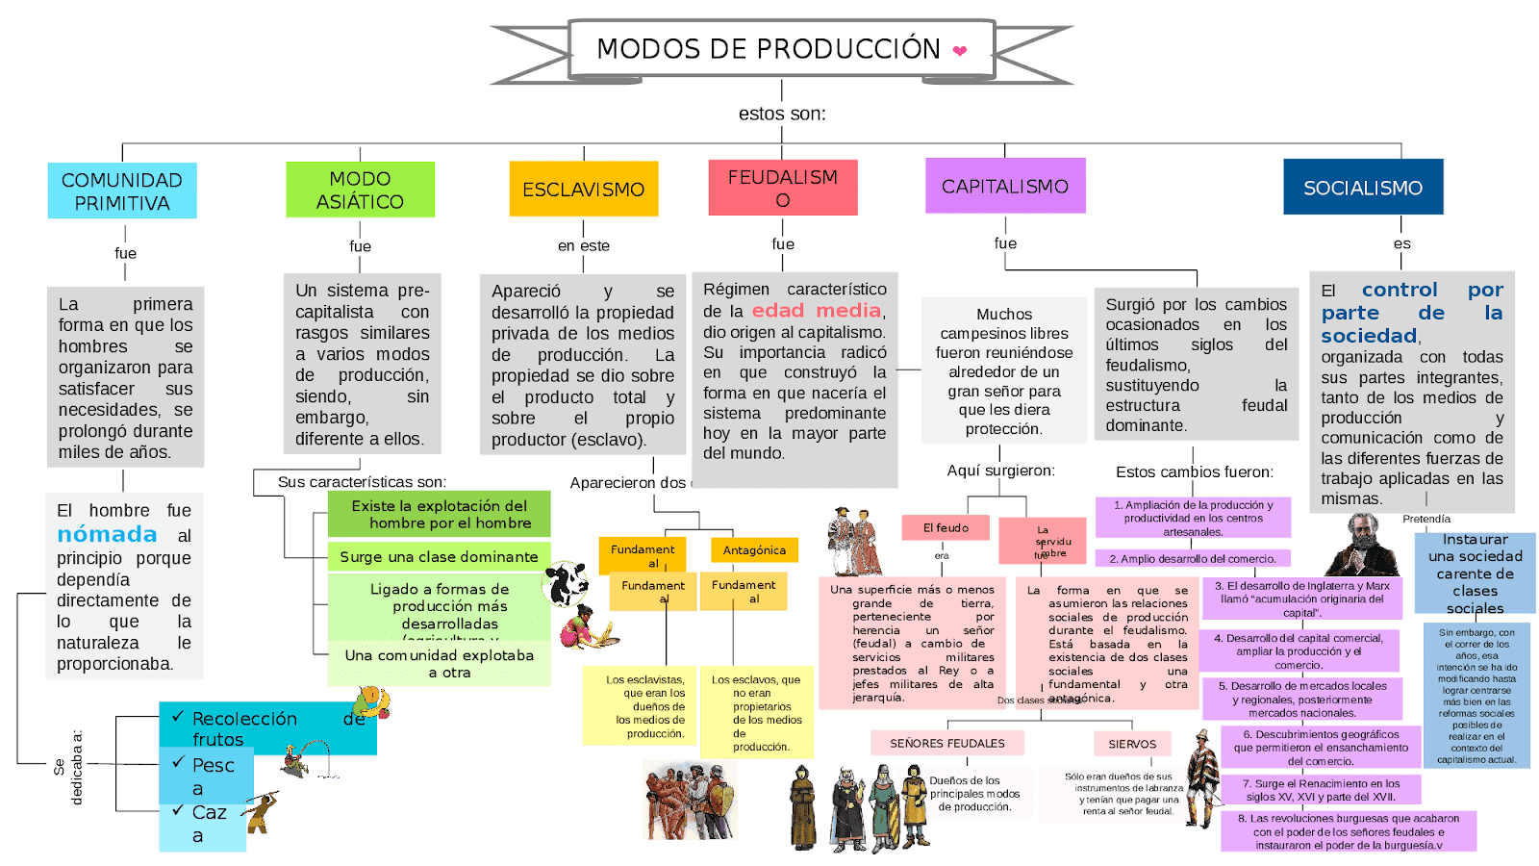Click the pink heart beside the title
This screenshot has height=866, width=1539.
coord(959,51)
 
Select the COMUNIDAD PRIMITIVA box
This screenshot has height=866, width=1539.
coord(122,191)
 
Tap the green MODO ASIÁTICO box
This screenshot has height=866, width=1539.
coord(360,190)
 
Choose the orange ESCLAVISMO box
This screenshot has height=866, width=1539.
coord(583,190)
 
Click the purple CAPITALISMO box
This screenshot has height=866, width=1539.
coord(1004,186)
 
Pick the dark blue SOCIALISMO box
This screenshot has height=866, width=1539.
coord(1362,188)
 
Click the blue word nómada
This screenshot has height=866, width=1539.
coord(107,535)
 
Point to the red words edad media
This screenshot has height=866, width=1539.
coord(817,310)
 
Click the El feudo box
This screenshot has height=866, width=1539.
coord(946,527)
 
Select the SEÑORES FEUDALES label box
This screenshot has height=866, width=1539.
coord(946,743)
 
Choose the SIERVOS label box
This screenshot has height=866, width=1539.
coord(1132,744)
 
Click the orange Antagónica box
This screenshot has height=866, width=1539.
coord(754,549)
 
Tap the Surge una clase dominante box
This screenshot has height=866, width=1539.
coord(439,556)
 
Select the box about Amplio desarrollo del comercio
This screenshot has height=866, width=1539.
coord(1193,558)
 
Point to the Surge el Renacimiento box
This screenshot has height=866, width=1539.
coord(1320,790)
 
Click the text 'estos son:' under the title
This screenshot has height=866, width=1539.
coord(781,114)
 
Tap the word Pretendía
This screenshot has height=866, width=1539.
coord(1426,519)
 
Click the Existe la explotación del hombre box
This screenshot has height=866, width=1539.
coord(439,514)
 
